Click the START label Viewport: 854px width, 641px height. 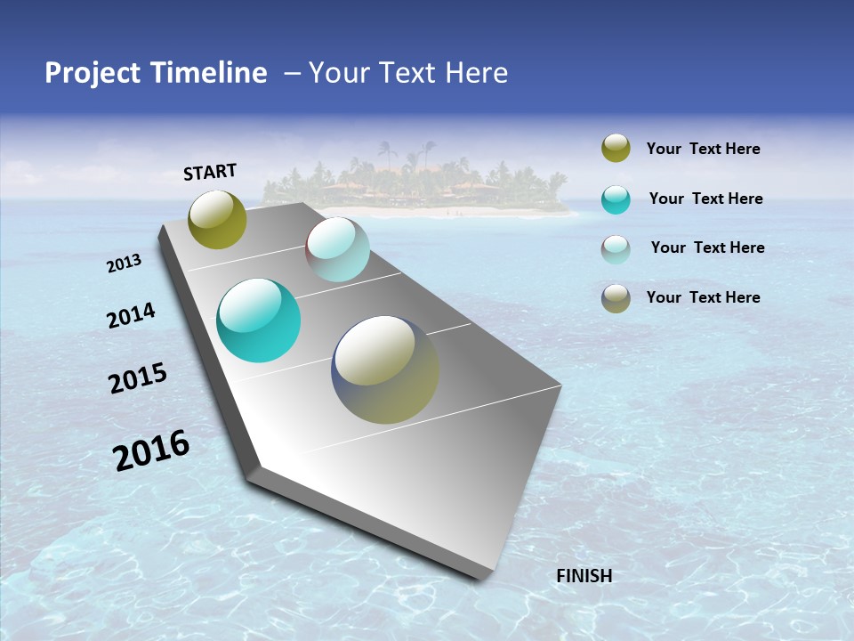pos(210,172)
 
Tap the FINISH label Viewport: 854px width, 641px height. pos(584,576)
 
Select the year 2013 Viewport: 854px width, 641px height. pos(124,264)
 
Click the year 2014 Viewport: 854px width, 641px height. pos(131,316)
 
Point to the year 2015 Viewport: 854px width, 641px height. pos(138,378)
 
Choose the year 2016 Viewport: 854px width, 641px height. pos(151,450)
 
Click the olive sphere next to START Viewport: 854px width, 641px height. pos(218,219)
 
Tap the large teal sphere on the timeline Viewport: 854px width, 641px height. pos(259,320)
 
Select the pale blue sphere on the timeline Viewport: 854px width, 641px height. pos(338,249)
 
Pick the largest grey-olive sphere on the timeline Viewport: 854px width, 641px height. pos(385,369)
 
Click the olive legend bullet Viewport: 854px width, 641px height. pos(616,149)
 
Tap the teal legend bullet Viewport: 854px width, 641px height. pos(616,199)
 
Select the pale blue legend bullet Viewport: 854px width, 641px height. pos(616,248)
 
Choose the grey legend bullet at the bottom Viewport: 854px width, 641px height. pos(616,298)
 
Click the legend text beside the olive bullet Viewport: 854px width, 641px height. pos(703,149)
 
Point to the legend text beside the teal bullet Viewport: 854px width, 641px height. pos(705,199)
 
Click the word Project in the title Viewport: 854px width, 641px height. pos(93,73)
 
